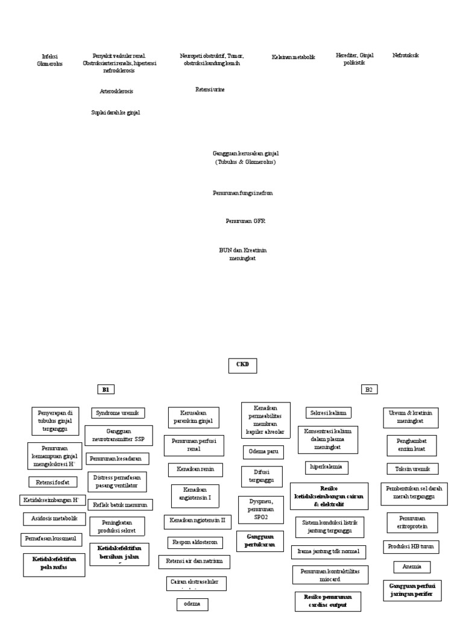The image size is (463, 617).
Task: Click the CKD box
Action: [242, 365]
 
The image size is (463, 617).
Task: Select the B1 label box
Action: [106, 390]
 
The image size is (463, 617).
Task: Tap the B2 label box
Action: [369, 390]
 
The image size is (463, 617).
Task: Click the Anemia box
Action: [412, 566]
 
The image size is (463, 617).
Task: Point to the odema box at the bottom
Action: [192, 604]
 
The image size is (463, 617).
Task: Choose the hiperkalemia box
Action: [326, 467]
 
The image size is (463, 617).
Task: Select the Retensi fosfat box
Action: [53, 481]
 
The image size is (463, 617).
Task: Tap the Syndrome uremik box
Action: [118, 413]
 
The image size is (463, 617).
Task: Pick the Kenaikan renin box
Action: [187, 469]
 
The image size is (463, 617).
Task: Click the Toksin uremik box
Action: [413, 468]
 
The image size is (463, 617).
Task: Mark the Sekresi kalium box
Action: [329, 413]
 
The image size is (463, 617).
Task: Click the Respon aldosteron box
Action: [193, 542]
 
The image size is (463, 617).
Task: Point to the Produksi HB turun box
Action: [411, 547]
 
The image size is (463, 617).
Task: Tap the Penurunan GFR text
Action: [245, 221]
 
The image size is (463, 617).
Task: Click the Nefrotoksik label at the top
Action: [405, 55]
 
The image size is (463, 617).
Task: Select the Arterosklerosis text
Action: [116, 91]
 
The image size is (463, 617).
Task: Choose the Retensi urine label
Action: [210, 89]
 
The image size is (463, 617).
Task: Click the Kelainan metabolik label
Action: [293, 57]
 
